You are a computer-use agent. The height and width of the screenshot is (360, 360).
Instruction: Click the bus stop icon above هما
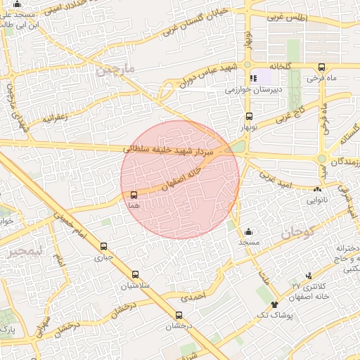coord(134,194)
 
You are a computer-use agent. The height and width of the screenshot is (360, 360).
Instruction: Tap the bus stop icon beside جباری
coord(104,247)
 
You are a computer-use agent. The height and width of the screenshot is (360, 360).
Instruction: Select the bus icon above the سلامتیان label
coord(135,275)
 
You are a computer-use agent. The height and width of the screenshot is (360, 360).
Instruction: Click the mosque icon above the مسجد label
coord(247,231)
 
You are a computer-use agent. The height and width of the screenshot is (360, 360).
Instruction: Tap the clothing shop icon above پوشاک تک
coord(274,304)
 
